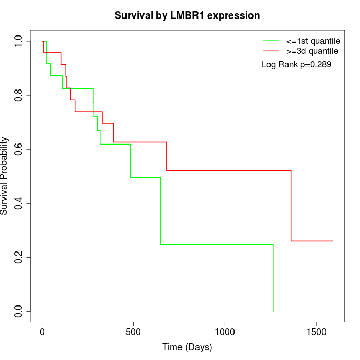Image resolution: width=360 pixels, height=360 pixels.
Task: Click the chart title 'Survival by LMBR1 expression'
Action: pyautogui.click(x=187, y=15)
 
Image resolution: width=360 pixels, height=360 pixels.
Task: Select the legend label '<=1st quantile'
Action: pyautogui.click(x=313, y=41)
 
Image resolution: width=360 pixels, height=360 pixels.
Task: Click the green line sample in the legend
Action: pyautogui.click(x=271, y=41)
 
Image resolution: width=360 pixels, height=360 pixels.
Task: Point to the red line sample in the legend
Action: pyautogui.click(x=271, y=51)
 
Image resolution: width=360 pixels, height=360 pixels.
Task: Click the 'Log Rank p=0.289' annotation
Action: pyautogui.click(x=296, y=65)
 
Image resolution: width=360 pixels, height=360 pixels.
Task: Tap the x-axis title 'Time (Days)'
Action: pyautogui.click(x=187, y=347)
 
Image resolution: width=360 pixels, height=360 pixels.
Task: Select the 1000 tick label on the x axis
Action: pyautogui.click(x=225, y=332)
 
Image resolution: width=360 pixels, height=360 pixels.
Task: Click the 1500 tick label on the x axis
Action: pyautogui.click(x=316, y=332)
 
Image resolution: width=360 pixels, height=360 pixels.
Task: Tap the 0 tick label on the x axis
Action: pyautogui.click(x=42, y=332)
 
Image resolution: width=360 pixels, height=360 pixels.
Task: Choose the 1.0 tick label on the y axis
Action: pyautogui.click(x=19, y=41)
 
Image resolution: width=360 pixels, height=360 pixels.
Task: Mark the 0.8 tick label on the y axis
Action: pyautogui.click(x=19, y=95)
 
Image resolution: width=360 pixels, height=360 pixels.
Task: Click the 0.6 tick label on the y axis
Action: pyautogui.click(x=19, y=149)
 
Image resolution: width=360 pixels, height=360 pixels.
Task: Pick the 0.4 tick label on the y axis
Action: pyautogui.click(x=19, y=203)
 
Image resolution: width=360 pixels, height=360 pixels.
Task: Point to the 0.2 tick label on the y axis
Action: pyautogui.click(x=19, y=257)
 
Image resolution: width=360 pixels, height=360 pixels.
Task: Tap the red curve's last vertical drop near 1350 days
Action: pyautogui.click(x=291, y=206)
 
